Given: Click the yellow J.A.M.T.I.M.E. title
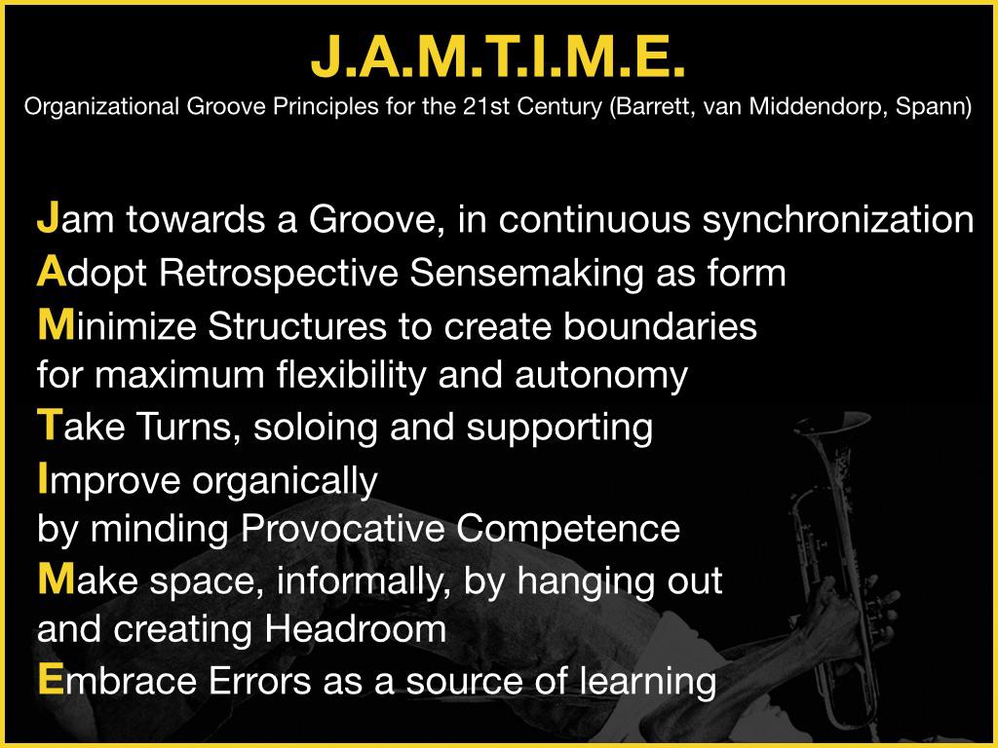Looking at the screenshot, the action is (497, 56).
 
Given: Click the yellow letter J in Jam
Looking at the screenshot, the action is (48, 217).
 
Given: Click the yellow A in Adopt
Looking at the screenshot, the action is (52, 272).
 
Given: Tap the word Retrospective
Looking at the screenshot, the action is (279, 274).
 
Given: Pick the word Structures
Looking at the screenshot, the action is (297, 326).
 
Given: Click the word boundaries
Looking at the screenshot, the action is (660, 326).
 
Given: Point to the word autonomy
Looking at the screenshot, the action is (600, 376).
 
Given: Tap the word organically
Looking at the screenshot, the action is (286, 481).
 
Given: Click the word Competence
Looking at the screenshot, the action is (568, 529).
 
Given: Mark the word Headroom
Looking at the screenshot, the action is (355, 629).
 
